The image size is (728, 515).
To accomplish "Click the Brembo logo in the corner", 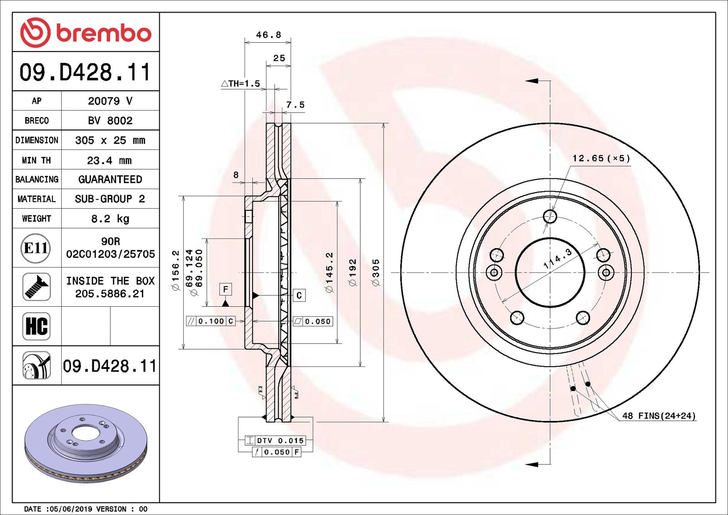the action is tap(85, 32).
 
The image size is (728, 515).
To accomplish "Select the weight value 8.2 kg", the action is tap(110, 219).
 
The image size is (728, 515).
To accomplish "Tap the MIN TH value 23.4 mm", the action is tap(109, 160).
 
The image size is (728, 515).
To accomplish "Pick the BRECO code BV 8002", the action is tap(110, 121).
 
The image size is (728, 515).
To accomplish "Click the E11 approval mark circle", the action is tap(36, 248).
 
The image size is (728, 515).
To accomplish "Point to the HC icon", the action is tap(37, 326).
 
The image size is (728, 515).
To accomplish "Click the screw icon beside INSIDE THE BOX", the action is tap(37, 287).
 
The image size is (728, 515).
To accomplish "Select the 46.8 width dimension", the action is tap(268, 35).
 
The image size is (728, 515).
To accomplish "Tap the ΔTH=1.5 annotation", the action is tap(241, 83).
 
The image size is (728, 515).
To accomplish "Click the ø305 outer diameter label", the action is tap(376, 273).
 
